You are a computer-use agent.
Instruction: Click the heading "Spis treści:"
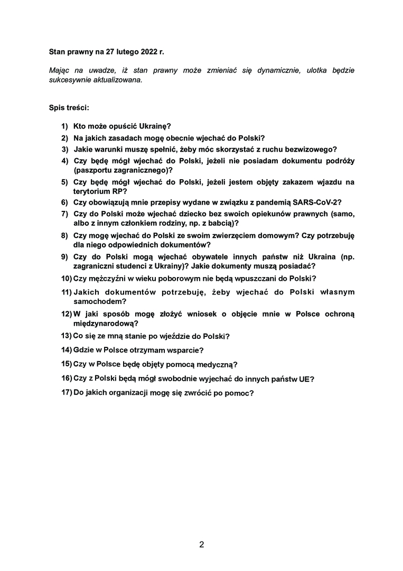69,107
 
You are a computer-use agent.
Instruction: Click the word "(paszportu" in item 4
91,170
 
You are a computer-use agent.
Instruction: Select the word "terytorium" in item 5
91,191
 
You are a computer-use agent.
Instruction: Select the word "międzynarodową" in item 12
104,323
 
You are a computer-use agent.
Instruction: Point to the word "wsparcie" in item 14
185,350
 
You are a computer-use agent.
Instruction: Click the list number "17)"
67,393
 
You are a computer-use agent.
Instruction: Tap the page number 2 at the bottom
201,545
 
